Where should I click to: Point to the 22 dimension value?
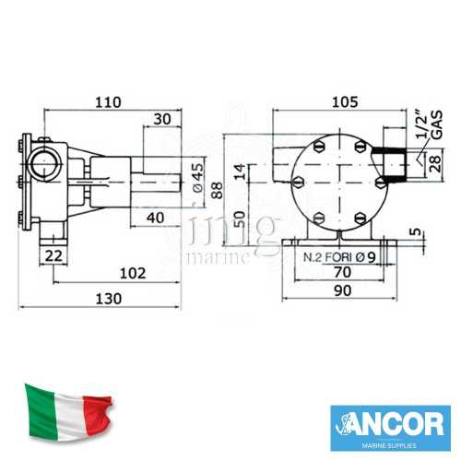[53, 254]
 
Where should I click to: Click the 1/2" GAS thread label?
[424, 135]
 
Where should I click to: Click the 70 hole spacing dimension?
[342, 274]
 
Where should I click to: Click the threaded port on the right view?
[397, 165]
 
